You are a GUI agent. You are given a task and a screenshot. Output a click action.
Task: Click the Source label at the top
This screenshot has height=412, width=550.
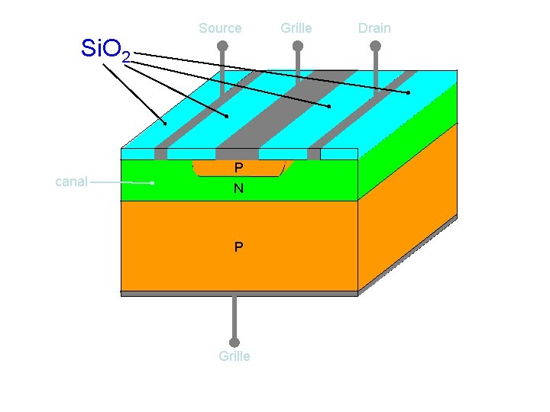[220, 28]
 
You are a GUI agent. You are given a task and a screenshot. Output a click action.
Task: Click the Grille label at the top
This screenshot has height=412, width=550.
[296, 28]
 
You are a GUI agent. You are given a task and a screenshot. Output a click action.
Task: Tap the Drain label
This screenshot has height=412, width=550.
[374, 28]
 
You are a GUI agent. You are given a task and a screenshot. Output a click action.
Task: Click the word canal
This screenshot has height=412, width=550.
[72, 182]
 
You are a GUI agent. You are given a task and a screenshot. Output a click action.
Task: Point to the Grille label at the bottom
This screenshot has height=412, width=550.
[234, 356]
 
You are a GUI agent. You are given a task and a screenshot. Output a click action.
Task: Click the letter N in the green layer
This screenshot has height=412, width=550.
[239, 188]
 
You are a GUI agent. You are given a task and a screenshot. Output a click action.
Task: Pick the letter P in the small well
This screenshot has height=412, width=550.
[239, 167]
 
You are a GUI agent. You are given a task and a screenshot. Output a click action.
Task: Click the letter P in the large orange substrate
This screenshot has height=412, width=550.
[239, 247]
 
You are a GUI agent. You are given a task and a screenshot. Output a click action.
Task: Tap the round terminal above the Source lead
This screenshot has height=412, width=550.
[222, 46]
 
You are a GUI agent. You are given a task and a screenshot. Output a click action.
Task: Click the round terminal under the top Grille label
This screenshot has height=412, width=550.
[298, 46]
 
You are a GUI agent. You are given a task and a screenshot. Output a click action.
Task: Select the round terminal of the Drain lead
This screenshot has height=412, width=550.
[375, 46]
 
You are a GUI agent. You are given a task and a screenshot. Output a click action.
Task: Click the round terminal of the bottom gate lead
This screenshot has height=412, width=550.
[235, 343]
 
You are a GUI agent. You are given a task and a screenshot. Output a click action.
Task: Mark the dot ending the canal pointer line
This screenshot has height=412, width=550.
[153, 183]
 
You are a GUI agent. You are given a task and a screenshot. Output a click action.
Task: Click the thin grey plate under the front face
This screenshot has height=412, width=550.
[239, 293]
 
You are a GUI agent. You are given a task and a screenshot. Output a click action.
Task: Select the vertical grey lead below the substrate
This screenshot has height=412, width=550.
[235, 317]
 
